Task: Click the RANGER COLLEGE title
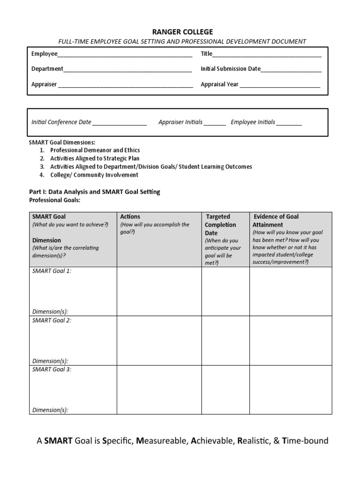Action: coord(182,32)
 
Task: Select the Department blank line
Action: coord(127,69)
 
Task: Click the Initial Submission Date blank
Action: coord(291,69)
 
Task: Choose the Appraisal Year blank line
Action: coord(280,85)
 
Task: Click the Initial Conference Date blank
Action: coord(120,123)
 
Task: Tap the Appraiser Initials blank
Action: coord(215,123)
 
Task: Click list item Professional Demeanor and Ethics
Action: coord(95,150)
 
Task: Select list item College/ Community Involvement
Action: coord(94,175)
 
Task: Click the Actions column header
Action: coord(130,217)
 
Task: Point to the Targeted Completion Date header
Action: coord(220,225)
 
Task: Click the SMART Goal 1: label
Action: coord(52,271)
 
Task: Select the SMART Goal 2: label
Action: coord(52,320)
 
